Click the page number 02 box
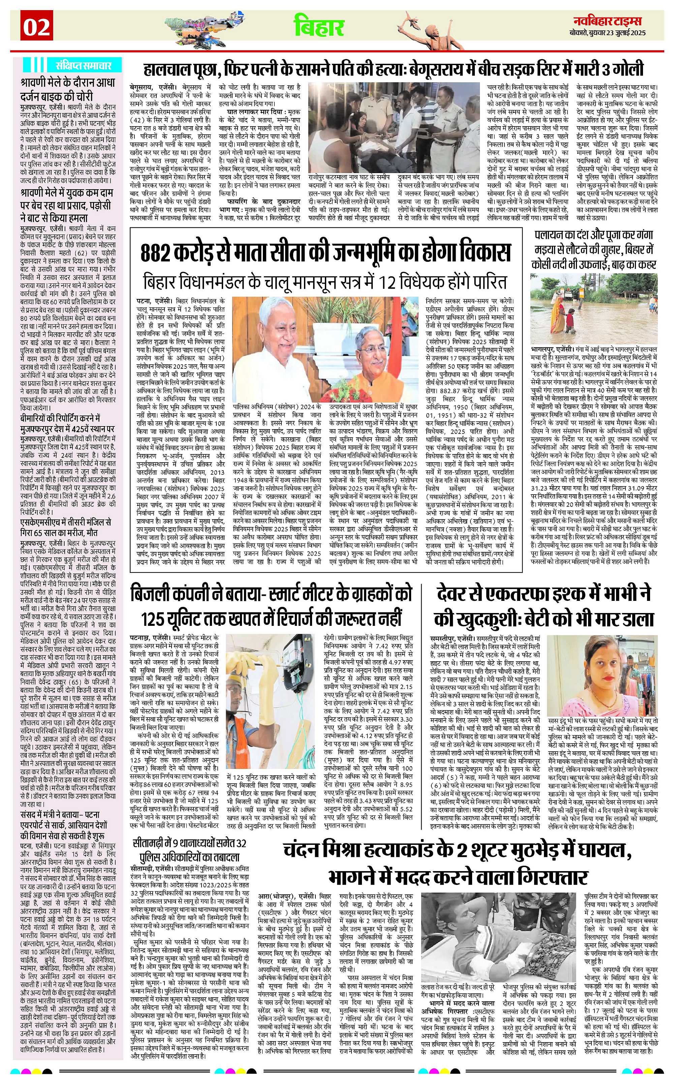(36, 28)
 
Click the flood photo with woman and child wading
(594, 307)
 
